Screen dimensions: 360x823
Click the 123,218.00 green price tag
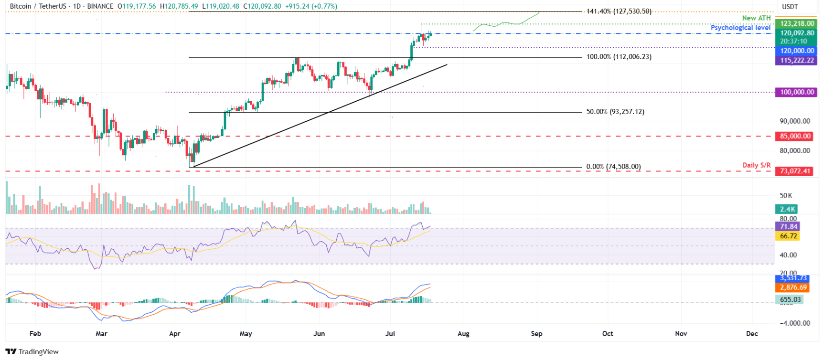point(797,23)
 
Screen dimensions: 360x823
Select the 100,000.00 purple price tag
point(797,92)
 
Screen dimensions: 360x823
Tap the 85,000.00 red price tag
point(795,136)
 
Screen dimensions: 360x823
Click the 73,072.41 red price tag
point(795,171)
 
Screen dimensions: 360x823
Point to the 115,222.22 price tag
point(797,61)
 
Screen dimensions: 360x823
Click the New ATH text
point(756,18)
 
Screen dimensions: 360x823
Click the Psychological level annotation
point(740,28)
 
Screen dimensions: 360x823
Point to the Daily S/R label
point(756,165)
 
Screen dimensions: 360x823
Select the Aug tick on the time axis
point(463,334)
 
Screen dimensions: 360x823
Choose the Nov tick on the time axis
point(681,334)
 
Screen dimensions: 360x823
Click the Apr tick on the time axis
point(174,334)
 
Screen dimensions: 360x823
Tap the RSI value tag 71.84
point(788,227)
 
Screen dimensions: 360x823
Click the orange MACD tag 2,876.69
point(793,287)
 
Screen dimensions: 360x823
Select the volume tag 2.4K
point(787,209)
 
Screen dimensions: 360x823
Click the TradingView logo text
point(38,352)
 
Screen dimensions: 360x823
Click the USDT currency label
point(790,7)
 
